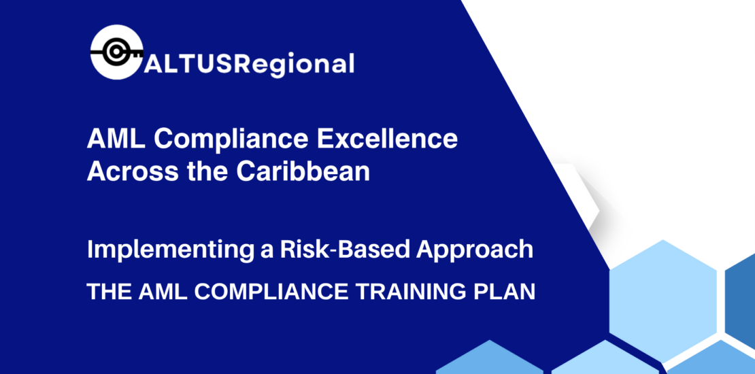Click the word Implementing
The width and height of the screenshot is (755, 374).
click(x=161, y=250)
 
